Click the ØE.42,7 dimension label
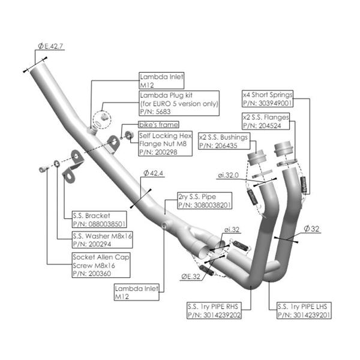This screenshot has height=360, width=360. [50, 46]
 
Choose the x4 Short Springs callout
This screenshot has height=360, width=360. [266, 98]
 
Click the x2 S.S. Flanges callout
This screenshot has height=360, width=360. [265, 121]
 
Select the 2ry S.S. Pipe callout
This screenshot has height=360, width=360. [204, 201]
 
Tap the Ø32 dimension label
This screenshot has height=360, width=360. [314, 229]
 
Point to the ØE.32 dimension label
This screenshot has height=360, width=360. [191, 277]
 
